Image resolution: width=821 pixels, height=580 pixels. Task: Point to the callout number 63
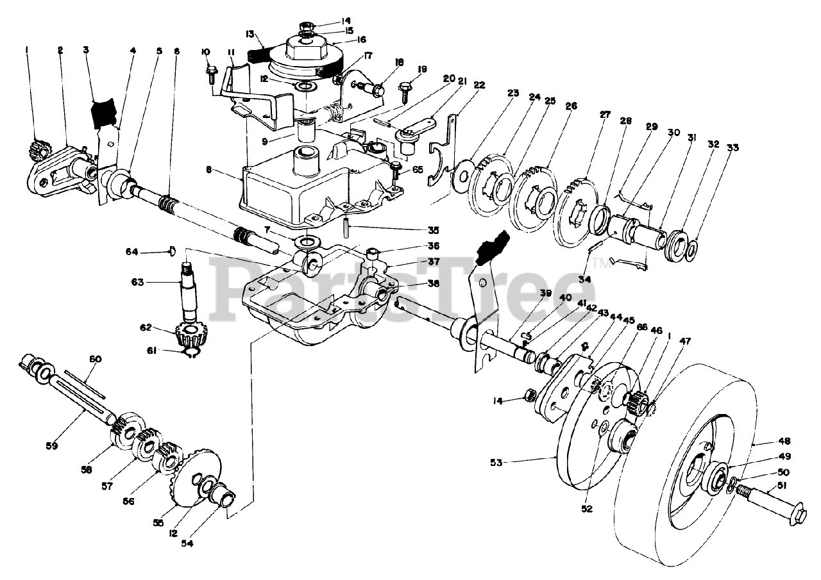[138, 283]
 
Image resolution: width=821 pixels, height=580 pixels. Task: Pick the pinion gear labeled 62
[190, 335]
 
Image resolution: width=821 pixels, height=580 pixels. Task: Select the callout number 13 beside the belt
[250, 34]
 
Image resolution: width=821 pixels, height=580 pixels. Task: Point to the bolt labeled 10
[212, 74]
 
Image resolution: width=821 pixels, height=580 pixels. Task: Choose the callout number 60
[95, 359]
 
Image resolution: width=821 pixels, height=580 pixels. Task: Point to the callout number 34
[584, 279]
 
